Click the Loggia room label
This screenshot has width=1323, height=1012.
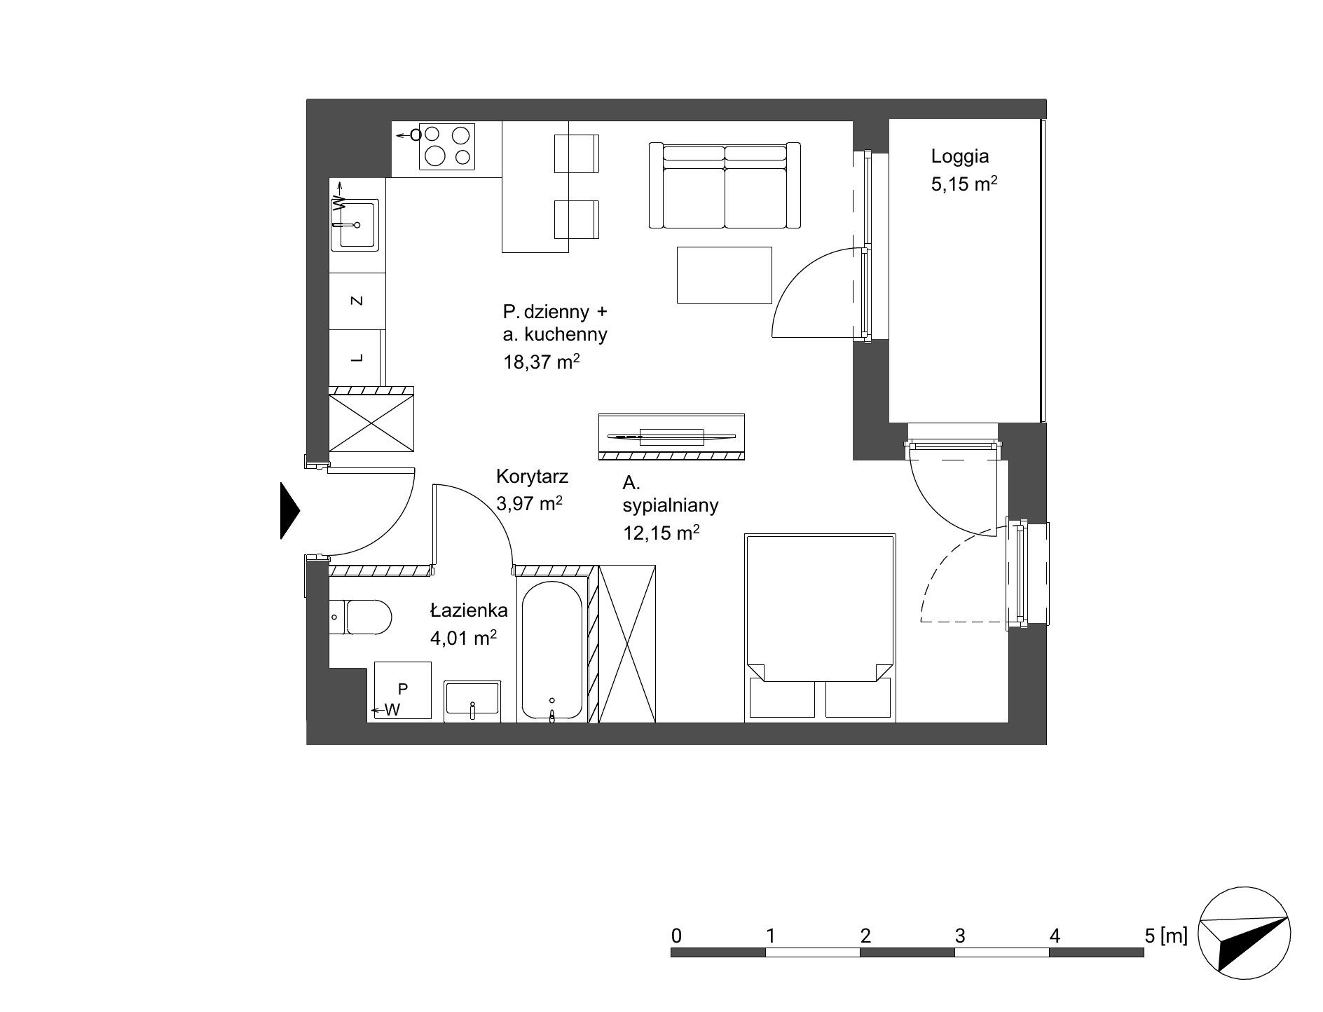point(959,156)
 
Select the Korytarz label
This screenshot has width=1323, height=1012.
point(532,477)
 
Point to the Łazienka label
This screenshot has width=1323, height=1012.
point(469,610)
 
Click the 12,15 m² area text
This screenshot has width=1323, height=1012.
point(661,533)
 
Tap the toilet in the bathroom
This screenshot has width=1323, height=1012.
point(359,617)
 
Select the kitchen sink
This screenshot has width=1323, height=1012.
point(357,224)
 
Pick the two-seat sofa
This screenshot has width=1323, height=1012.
point(725,186)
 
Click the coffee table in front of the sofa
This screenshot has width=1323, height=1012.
point(724,275)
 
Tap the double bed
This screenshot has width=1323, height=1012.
point(820,628)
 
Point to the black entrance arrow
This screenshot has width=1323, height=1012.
point(290,511)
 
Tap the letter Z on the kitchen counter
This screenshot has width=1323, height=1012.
point(357,301)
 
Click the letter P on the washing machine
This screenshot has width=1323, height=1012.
point(403,689)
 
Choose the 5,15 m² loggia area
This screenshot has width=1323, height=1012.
point(964,184)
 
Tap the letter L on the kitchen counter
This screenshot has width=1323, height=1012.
point(357,358)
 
